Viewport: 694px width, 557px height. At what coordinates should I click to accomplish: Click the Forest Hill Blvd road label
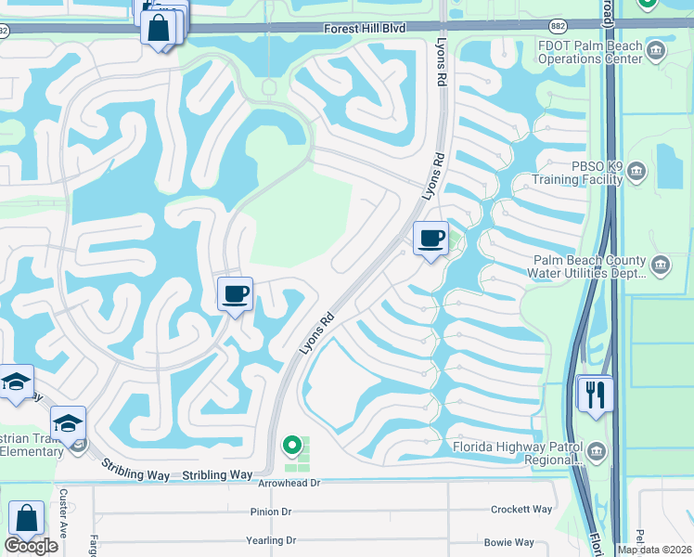click(365, 29)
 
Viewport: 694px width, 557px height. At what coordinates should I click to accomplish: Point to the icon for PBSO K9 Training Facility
click(636, 171)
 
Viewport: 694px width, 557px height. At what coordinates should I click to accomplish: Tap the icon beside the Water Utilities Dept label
click(660, 266)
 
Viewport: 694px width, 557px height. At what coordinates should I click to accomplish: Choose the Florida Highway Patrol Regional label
click(516, 452)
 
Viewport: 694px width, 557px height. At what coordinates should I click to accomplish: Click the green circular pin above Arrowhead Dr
click(293, 447)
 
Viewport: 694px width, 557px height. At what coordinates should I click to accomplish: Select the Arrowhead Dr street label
click(289, 483)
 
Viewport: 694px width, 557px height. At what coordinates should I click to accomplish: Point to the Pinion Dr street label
click(271, 511)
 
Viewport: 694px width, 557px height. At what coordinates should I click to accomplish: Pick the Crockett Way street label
click(522, 509)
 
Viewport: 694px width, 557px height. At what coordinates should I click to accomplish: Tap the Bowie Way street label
click(509, 541)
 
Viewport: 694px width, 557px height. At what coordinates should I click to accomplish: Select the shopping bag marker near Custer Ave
click(27, 520)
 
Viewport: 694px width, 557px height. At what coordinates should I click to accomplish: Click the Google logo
click(31, 546)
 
